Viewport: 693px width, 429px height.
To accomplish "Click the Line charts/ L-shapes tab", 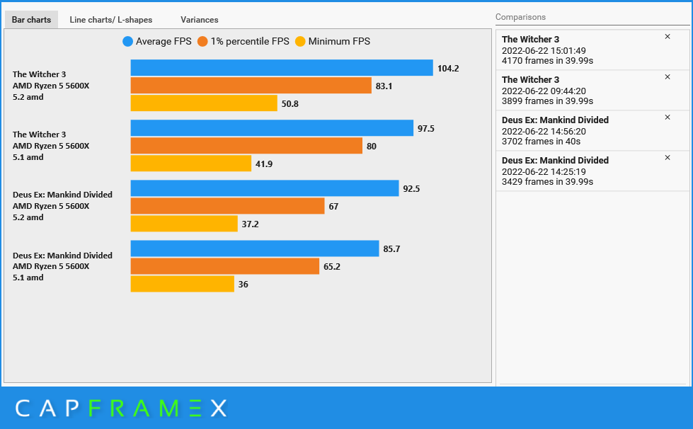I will pos(110,20).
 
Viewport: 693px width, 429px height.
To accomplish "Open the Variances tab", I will pos(199,20).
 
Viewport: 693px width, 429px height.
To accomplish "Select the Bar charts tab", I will pos(31,20).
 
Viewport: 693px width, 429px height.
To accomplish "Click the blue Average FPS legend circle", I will pos(127,42).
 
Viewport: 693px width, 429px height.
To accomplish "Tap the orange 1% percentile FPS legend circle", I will pos(202,42).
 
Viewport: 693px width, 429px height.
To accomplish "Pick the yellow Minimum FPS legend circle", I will pos(300,42).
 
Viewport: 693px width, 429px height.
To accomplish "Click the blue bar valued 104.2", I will pos(282,68).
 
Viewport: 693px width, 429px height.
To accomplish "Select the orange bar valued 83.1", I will pos(251,86).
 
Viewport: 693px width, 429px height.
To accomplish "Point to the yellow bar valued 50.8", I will pos(204,103).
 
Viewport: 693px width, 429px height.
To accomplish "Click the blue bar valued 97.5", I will pos(272,128).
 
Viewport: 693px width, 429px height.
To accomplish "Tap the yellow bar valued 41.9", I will pos(191,164).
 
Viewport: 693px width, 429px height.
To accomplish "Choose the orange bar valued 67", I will pos(227,206).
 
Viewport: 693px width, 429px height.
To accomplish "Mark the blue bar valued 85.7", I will pos(255,248).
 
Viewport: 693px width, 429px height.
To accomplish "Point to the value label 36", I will pos(244,285).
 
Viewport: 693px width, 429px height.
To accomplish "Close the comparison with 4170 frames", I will pos(668,37).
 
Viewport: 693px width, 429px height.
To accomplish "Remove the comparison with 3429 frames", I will pos(668,158).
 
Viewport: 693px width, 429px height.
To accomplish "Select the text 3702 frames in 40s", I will pos(542,141).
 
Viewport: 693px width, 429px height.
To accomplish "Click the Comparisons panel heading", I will pos(520,17).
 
